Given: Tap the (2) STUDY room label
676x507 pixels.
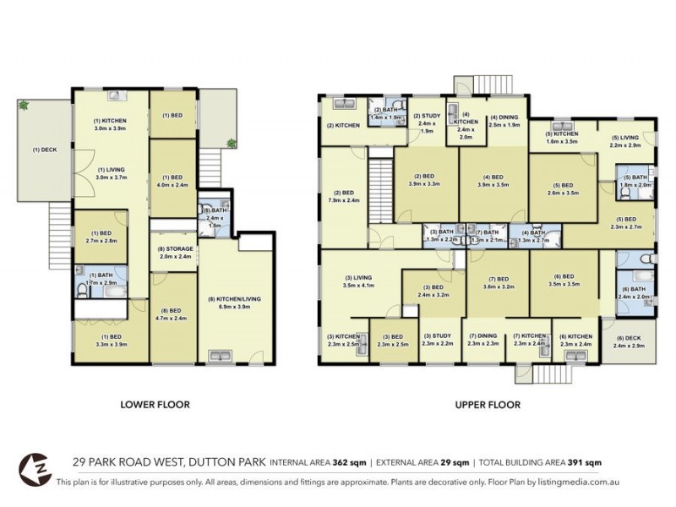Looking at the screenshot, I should point(427,117).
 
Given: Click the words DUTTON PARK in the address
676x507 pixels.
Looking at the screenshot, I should point(222,462).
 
